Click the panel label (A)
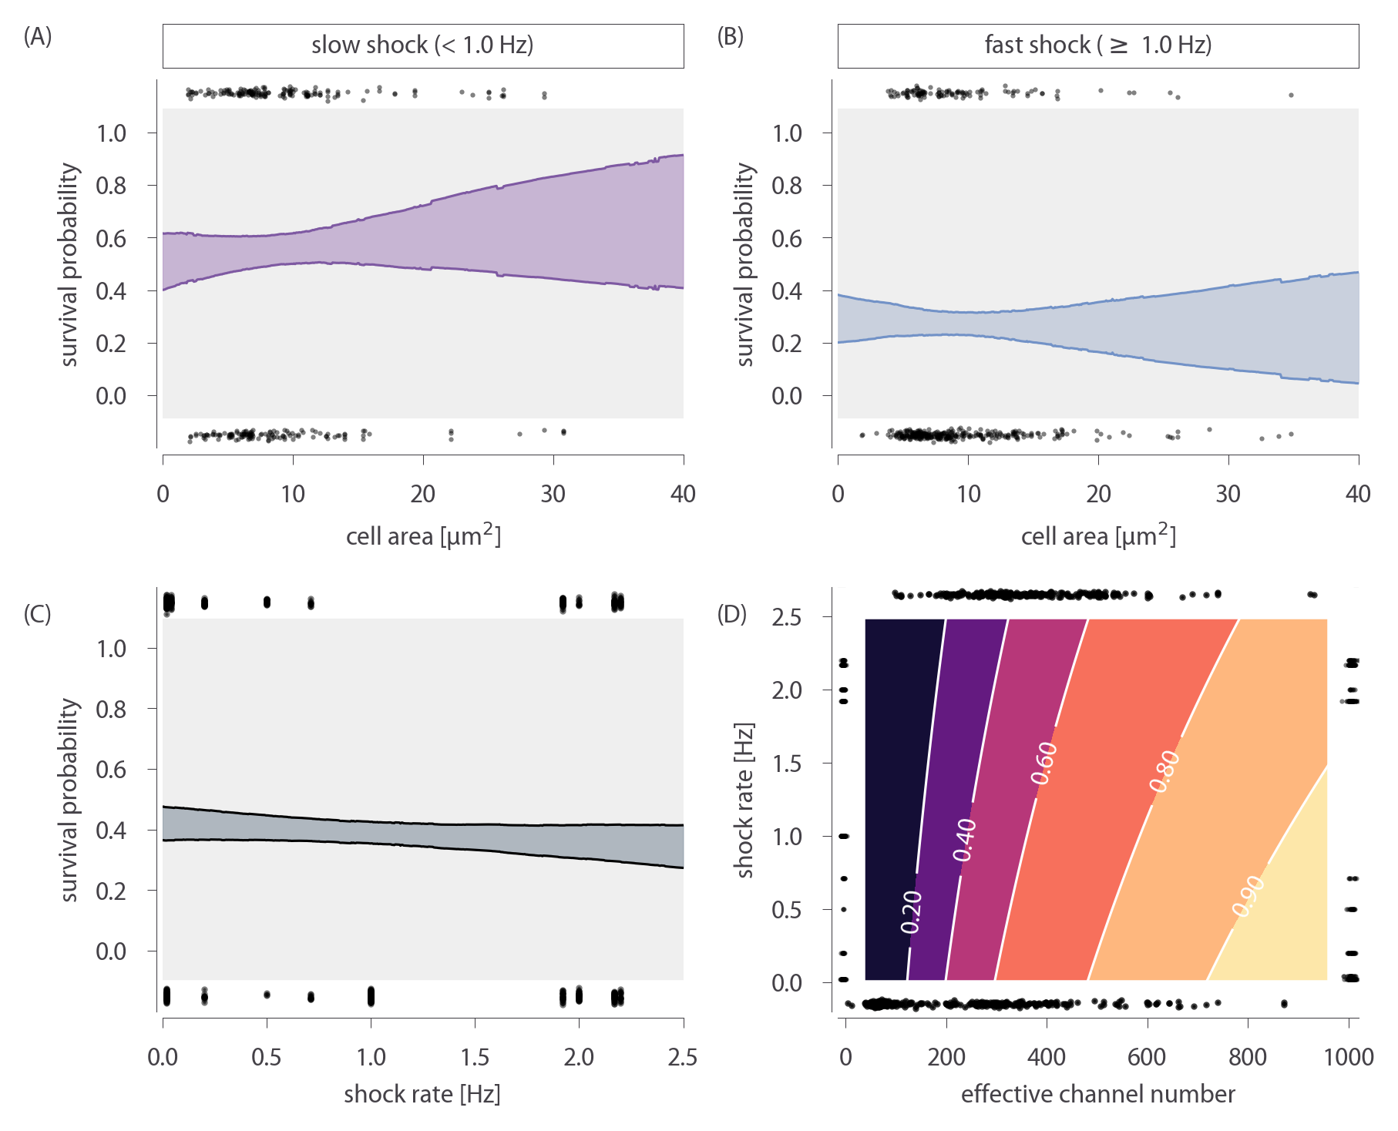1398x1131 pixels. coord(37,36)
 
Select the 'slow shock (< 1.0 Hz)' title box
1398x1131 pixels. coord(422,45)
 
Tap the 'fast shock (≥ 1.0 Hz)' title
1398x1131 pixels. coord(1097,45)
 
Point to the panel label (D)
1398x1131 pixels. coord(731,614)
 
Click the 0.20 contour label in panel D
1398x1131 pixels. coord(912,911)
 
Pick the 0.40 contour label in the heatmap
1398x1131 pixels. coord(965,840)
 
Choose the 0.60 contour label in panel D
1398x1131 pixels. coord(1045,764)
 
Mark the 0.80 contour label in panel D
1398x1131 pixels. coord(1164,771)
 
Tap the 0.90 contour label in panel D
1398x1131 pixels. coord(1248,896)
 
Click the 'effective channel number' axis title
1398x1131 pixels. coord(1097,1094)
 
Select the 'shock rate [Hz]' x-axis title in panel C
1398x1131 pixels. coord(422,1094)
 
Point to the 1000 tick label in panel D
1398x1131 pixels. coord(1349,1057)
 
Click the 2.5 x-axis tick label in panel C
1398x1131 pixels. coord(683,1057)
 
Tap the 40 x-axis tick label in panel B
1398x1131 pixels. coord(1358,494)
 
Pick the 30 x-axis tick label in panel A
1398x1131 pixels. coord(553,494)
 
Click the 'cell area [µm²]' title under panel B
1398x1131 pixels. coord(1097,535)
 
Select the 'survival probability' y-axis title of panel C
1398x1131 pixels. coord(70,800)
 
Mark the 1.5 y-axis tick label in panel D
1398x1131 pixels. coord(786,764)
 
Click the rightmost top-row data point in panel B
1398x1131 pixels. coord(1291,96)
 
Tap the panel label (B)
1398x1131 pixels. coord(731,36)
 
